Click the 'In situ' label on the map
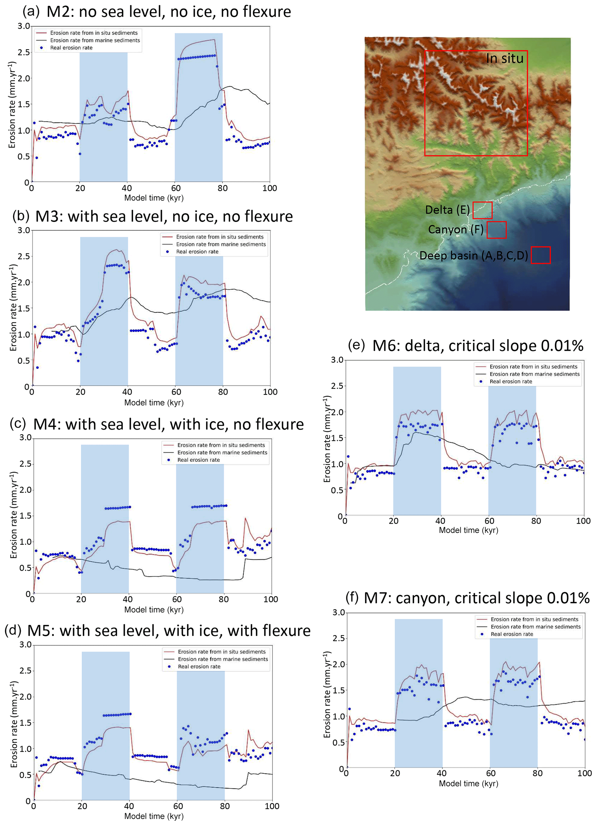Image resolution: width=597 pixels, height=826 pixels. pos(505,58)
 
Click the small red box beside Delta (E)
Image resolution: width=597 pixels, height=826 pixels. pos(482,210)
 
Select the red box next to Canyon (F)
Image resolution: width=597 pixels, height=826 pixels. pos(496,230)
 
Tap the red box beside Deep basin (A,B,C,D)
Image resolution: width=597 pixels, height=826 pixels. pos(541,255)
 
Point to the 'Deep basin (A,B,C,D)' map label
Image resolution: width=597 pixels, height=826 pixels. pos(473,255)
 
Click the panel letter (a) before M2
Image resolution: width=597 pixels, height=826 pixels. pos(31,11)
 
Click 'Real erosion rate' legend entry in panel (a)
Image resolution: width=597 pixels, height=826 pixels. pos(71,48)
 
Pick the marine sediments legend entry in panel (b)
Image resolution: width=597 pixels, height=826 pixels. pos(221,244)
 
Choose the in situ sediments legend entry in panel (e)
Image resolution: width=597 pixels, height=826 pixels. pos(533,367)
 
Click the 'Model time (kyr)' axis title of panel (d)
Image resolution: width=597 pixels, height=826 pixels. pos(154,816)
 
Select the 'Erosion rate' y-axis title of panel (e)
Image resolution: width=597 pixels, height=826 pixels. pos(327,439)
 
